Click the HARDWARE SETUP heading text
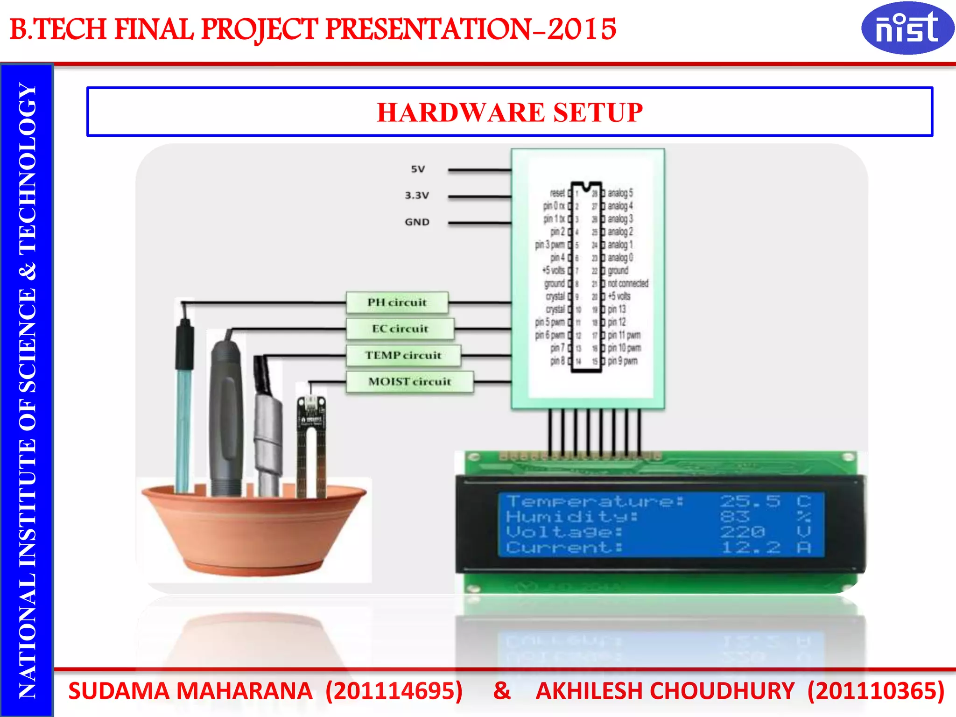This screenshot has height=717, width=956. click(510, 112)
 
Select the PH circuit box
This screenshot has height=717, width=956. click(397, 302)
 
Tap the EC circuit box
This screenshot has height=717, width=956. click(400, 329)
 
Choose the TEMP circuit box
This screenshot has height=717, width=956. click(403, 355)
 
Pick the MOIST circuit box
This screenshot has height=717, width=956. click(409, 382)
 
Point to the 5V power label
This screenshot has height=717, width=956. click(418, 169)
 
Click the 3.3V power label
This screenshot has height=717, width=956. click(417, 196)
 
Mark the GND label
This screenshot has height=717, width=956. click(417, 222)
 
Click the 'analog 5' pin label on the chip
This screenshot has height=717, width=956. click(620, 193)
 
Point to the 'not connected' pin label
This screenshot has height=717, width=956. click(628, 283)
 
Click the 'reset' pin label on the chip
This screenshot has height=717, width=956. click(557, 193)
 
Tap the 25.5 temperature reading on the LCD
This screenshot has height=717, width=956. click(750, 501)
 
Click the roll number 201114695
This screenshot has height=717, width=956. click(394, 691)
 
